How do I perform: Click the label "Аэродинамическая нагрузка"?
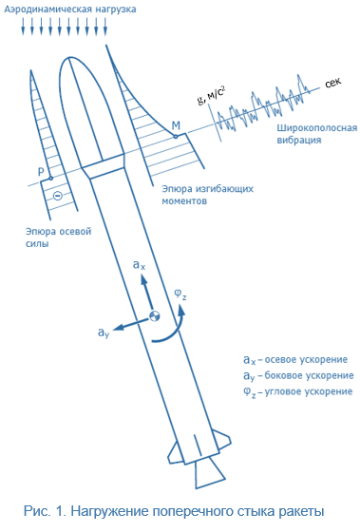(70, 9)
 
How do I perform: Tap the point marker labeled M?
(176, 137)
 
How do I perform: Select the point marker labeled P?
(50, 179)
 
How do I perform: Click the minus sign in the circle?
(58, 196)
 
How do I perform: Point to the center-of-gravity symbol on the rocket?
(155, 315)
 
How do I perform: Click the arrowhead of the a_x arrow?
(144, 280)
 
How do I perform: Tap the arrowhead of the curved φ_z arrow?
(181, 311)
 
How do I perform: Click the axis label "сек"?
(332, 83)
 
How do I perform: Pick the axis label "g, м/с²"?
(211, 95)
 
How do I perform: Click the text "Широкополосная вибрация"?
(317, 134)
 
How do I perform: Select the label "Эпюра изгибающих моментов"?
(207, 195)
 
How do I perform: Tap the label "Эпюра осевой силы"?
(58, 237)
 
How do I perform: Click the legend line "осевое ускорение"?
(306, 360)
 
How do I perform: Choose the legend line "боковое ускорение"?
(309, 375)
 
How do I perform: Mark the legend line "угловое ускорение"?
(309, 391)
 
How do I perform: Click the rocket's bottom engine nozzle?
(210, 473)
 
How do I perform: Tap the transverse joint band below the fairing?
(104, 166)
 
